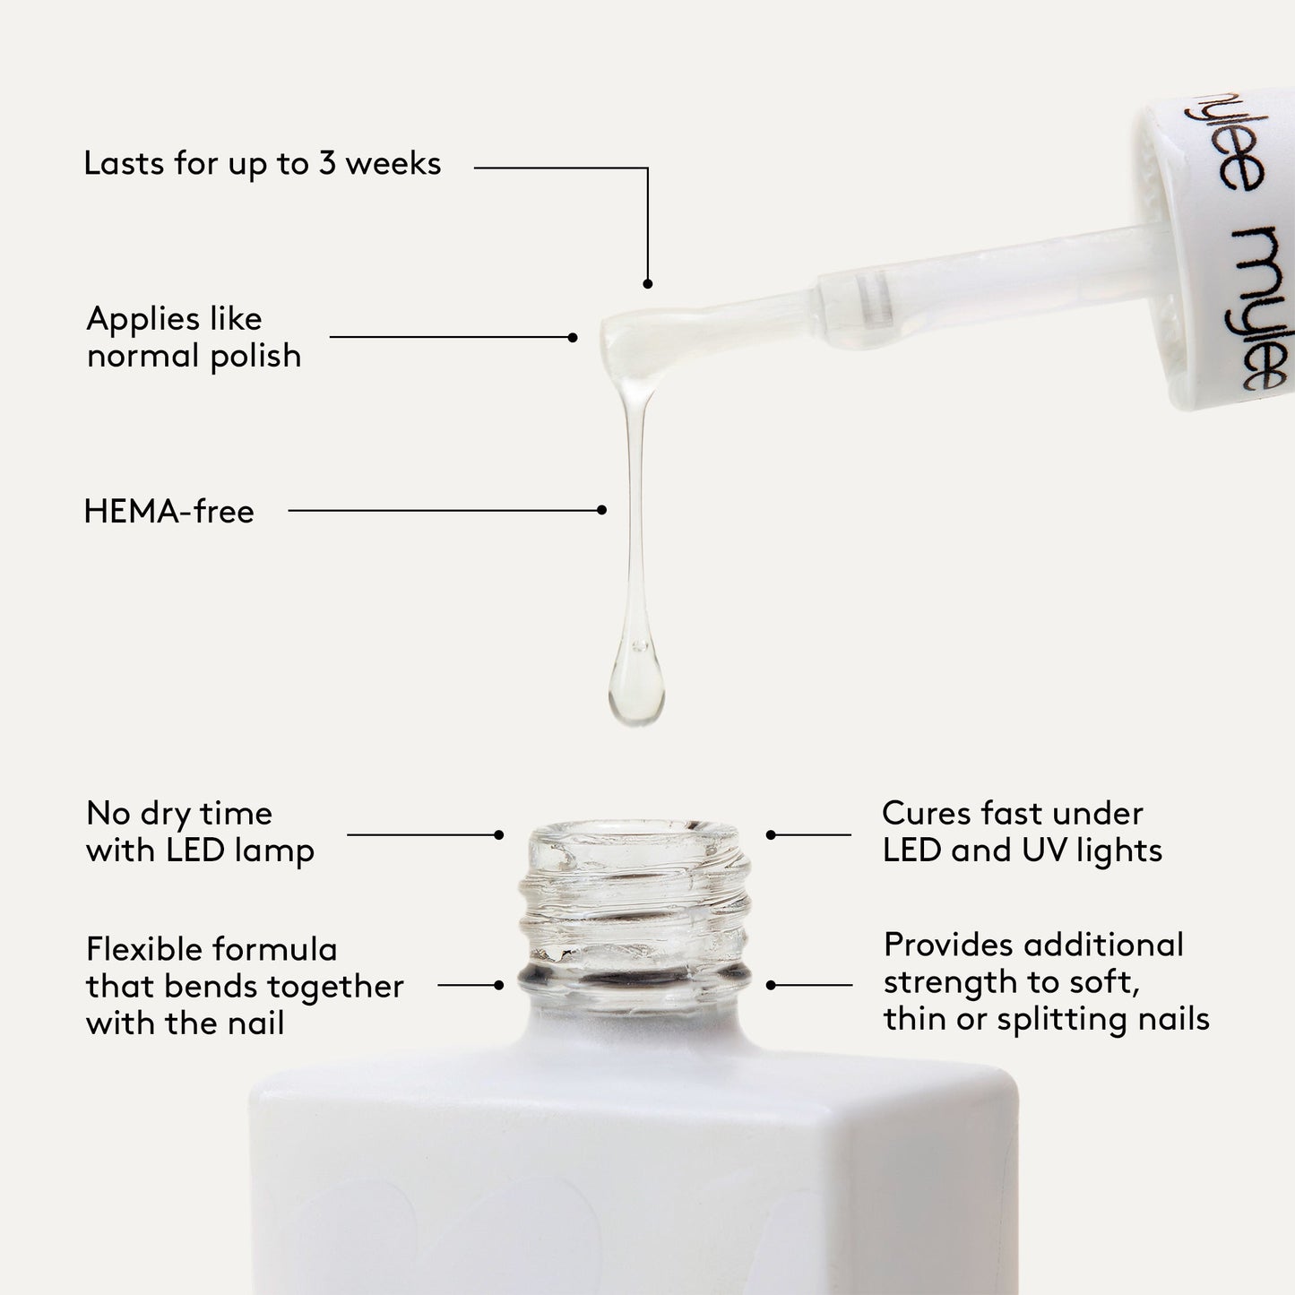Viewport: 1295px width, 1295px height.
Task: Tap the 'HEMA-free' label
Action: tap(168, 512)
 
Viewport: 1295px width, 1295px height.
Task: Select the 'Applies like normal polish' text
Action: tap(194, 338)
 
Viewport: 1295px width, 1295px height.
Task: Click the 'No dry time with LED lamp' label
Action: tap(200, 833)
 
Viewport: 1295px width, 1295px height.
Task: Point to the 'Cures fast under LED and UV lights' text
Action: tap(1022, 833)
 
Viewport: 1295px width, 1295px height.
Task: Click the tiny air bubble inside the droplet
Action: tap(638, 644)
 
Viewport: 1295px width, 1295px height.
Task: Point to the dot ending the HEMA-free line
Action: tap(601, 510)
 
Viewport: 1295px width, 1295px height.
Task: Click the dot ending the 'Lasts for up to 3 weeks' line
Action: tap(647, 283)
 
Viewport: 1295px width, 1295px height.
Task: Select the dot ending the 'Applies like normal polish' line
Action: tap(573, 338)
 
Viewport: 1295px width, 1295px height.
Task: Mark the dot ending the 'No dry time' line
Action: tap(499, 834)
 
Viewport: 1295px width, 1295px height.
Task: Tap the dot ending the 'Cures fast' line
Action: tap(771, 834)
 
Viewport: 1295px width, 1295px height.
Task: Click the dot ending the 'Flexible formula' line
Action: tap(499, 985)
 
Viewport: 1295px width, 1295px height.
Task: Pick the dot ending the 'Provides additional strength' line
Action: tap(771, 985)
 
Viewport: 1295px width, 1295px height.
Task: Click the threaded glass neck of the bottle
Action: tap(635, 905)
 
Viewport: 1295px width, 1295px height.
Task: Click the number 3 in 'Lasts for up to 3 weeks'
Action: tap(327, 164)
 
